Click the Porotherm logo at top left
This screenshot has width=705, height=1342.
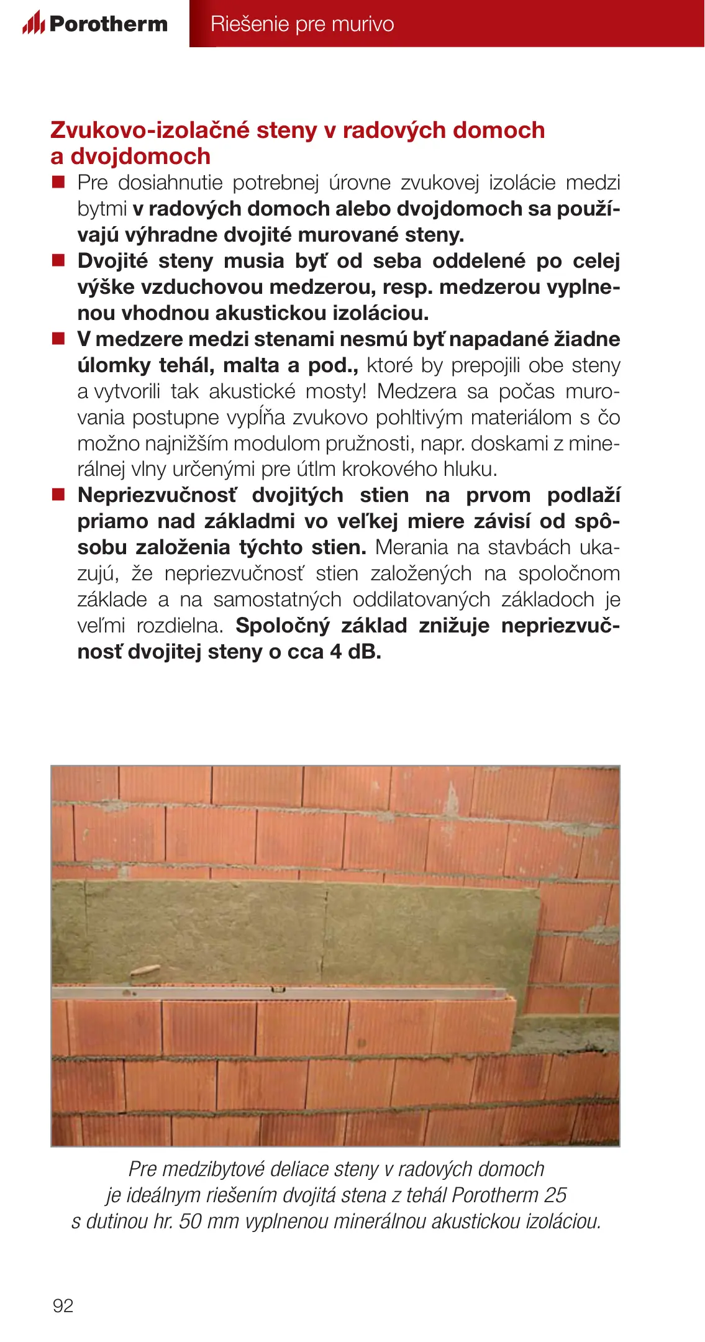click(x=95, y=24)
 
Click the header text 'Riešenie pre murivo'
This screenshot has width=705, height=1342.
click(x=302, y=24)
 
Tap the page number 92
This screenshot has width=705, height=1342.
click(x=63, y=1305)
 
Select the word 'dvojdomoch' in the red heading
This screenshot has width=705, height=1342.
click(x=140, y=156)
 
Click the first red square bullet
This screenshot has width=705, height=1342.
click(x=58, y=182)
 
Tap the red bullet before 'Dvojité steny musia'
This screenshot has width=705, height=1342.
click(x=58, y=260)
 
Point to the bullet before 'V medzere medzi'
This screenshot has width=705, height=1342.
click(x=58, y=339)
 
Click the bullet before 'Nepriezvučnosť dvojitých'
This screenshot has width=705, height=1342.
click(x=58, y=495)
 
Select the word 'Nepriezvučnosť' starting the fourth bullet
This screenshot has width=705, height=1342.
click(x=157, y=495)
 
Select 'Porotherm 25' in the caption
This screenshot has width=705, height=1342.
click(x=509, y=1195)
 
